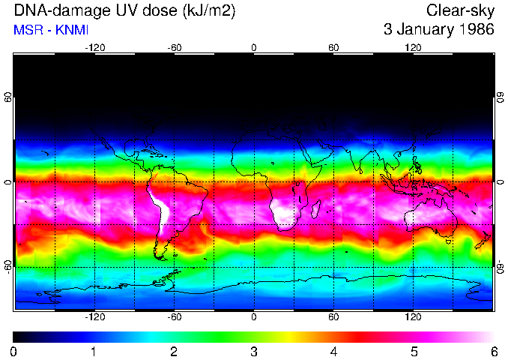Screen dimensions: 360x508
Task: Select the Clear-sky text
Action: [459, 10]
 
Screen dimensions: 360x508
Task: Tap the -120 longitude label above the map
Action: [95, 47]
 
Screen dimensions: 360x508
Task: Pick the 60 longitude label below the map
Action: [333, 317]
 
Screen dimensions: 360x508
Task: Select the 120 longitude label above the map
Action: [413, 47]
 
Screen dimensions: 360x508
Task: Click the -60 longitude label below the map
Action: [175, 317]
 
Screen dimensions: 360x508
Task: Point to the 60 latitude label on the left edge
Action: [7, 97]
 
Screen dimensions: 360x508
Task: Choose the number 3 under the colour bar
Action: [254, 351]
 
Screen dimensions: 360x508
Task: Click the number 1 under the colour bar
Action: [94, 351]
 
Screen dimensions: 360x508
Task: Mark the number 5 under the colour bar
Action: [414, 351]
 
